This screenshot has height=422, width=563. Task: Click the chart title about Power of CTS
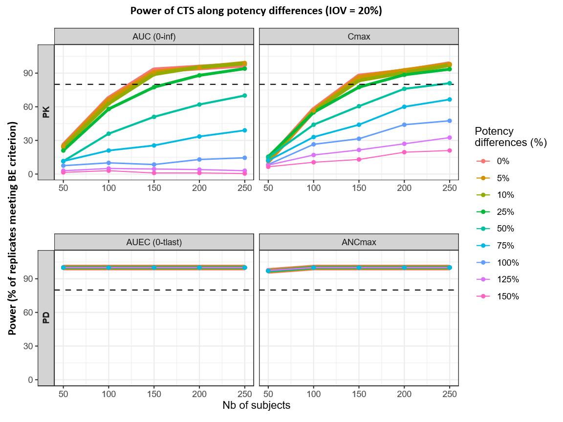point(256,10)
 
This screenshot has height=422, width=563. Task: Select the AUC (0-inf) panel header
point(154,37)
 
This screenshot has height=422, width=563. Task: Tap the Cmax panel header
point(359,37)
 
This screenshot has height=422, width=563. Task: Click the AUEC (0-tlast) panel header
point(154,242)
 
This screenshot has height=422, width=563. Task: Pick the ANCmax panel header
point(359,242)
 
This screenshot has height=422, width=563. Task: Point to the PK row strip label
point(46,112)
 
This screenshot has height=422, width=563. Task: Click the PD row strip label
point(46,318)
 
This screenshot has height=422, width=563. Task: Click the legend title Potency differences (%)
point(510,137)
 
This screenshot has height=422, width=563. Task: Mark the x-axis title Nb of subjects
point(256,406)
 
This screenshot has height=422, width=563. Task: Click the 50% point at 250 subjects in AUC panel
point(244,96)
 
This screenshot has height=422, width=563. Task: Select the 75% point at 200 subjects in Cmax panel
point(404,107)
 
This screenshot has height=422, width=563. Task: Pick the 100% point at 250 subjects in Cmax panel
point(450,121)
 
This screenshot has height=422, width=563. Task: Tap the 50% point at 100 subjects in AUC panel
point(108,134)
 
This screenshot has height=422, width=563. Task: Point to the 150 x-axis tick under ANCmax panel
point(359,394)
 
